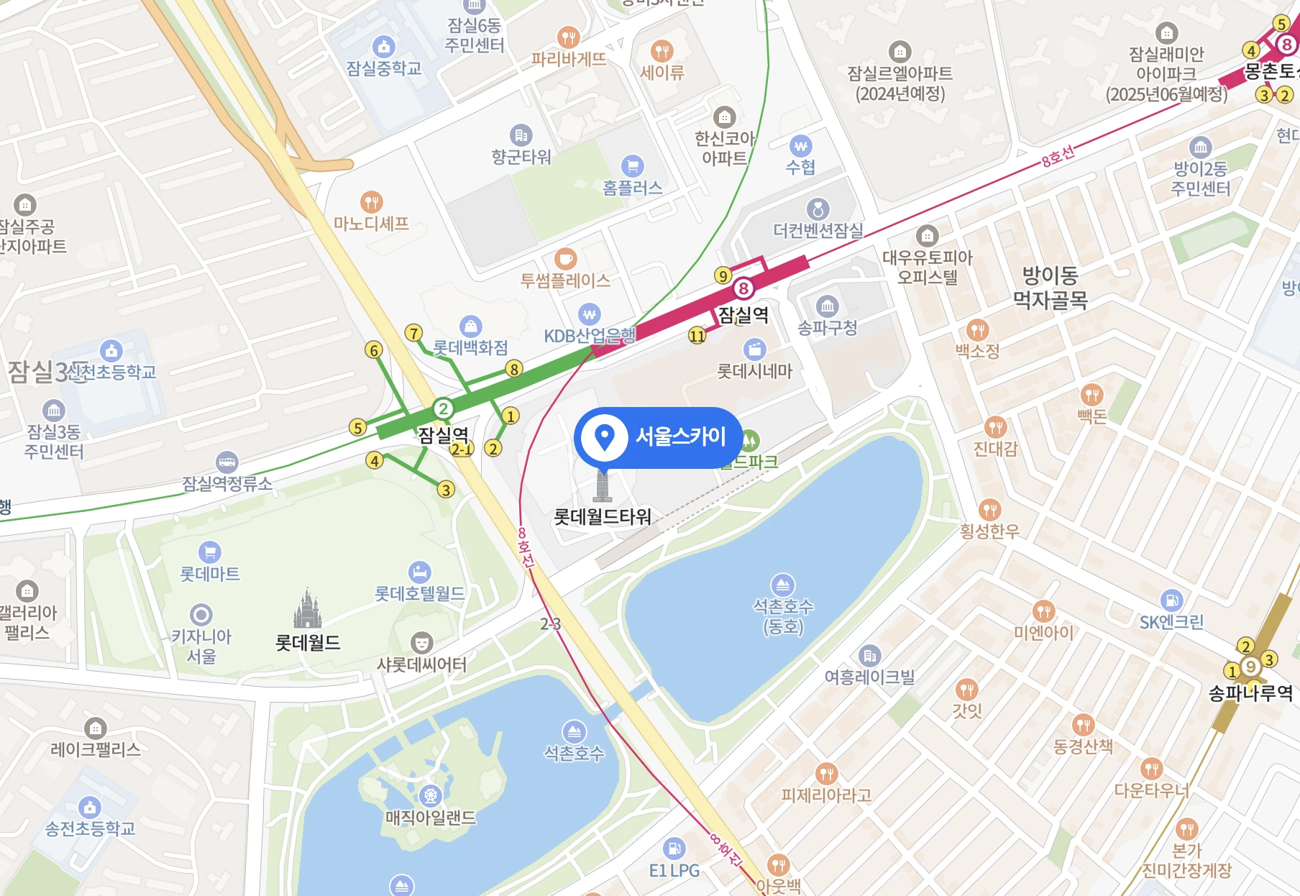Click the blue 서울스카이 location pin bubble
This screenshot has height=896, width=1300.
click(658, 437)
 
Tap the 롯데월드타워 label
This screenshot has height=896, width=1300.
click(603, 517)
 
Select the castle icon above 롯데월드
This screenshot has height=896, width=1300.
click(307, 609)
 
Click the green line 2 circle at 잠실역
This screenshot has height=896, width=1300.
click(443, 409)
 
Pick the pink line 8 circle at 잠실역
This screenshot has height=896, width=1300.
click(743, 289)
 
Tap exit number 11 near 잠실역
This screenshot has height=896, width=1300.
click(697, 335)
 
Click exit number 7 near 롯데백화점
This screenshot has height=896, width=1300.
click(413, 333)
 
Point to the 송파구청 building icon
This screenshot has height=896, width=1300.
click(828, 306)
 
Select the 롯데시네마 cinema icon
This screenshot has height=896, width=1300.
click(754, 349)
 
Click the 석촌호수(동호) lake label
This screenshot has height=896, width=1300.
click(783, 616)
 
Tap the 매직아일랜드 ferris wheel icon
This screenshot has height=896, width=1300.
click(430, 795)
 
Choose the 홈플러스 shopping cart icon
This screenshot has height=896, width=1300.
click(632, 166)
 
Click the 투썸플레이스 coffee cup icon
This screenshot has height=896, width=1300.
click(566, 258)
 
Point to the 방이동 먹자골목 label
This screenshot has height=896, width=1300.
click(1050, 287)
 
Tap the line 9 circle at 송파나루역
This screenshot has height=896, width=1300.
click(1250, 667)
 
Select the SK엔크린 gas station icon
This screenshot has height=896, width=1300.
click(1171, 600)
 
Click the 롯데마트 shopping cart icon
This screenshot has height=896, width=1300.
click(209, 552)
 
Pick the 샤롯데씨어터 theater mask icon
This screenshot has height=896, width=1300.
click(421, 642)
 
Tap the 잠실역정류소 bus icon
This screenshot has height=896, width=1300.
click(227, 462)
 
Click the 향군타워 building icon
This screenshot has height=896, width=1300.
click(521, 135)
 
